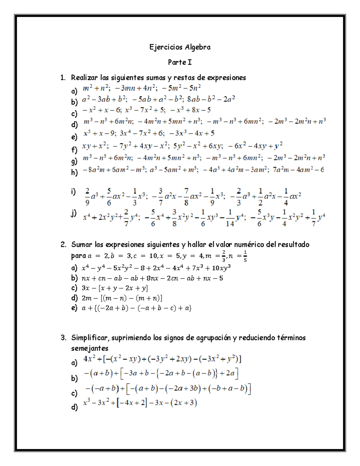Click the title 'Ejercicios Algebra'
[180, 47]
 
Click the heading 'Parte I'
[180, 62]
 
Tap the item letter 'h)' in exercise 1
[74, 172]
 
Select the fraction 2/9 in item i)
[87, 197]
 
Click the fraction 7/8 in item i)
[186, 197]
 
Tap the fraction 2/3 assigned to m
[223, 256]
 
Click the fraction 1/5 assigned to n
[245, 256]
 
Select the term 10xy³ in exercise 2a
[221, 268]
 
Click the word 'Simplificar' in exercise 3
[91, 338]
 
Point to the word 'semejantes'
[89, 349]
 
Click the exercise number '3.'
[63, 338]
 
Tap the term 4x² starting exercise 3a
[89, 359]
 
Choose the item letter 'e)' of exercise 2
[74, 308]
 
